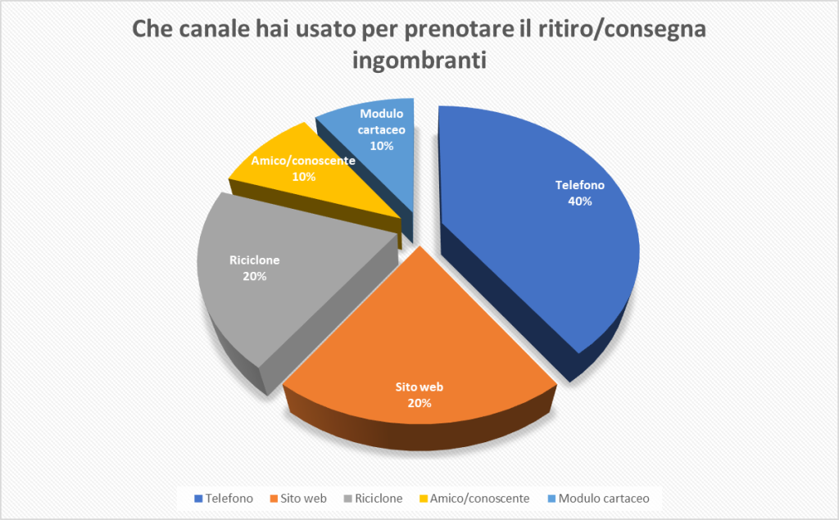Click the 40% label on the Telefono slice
(x=580, y=201)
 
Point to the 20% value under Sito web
(x=419, y=404)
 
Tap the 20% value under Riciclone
(x=255, y=277)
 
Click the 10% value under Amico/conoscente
(x=303, y=177)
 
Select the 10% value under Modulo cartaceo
(x=382, y=146)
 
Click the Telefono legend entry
(x=224, y=499)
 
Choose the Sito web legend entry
(x=298, y=499)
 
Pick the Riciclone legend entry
(x=373, y=499)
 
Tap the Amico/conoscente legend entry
(x=474, y=499)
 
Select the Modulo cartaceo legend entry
(x=598, y=499)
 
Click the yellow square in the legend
(x=423, y=499)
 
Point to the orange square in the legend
(x=274, y=499)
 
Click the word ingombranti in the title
(x=419, y=61)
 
